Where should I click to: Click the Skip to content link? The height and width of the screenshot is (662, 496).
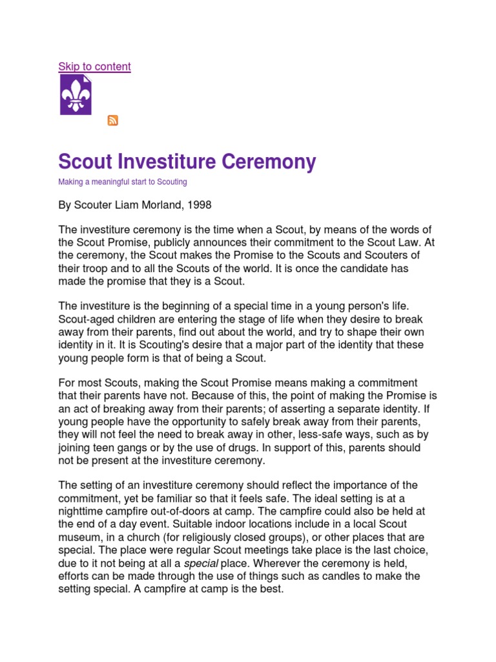[94, 67]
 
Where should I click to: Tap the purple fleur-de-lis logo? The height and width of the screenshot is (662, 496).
[76, 95]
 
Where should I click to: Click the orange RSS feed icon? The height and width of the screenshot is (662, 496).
[112, 120]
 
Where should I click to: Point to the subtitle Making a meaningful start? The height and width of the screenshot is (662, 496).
[123, 182]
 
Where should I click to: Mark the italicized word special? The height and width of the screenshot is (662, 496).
[201, 563]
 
